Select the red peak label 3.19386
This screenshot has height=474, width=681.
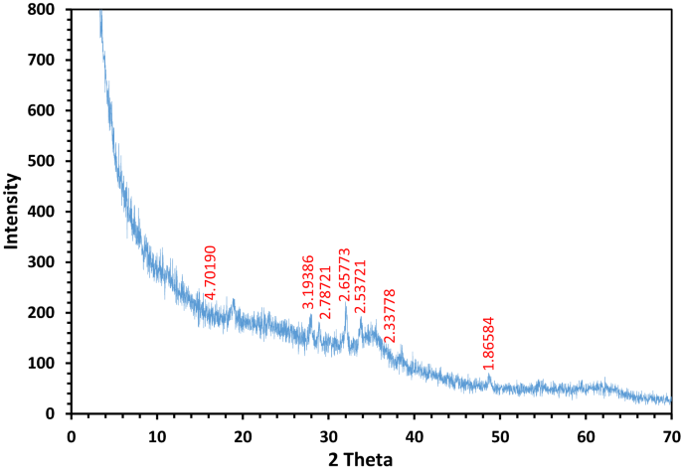tap(308, 281)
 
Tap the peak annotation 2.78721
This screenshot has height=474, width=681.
tap(326, 319)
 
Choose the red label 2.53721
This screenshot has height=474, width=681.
tap(361, 286)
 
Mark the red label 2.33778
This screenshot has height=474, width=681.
tap(390, 316)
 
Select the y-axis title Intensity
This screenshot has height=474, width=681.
tap(13, 211)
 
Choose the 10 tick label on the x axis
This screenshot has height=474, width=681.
tap(156, 435)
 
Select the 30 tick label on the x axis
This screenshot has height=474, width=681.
tap(328, 435)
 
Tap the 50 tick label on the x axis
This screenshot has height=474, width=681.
tap(500, 435)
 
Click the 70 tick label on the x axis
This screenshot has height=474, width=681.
tap(671, 435)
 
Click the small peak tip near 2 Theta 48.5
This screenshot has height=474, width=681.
tap(488, 375)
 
